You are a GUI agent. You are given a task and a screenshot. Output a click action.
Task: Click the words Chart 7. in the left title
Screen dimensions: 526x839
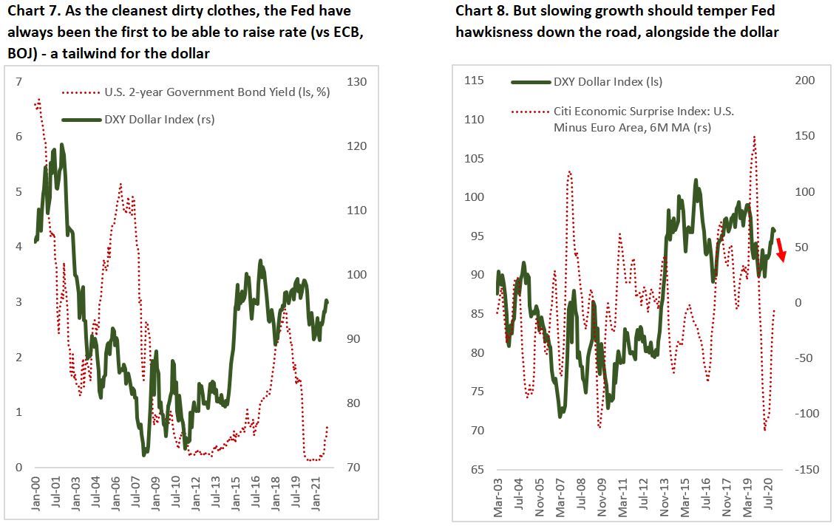[x=29, y=11]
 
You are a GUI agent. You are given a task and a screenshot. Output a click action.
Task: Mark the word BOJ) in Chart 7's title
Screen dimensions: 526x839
[x=23, y=54]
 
